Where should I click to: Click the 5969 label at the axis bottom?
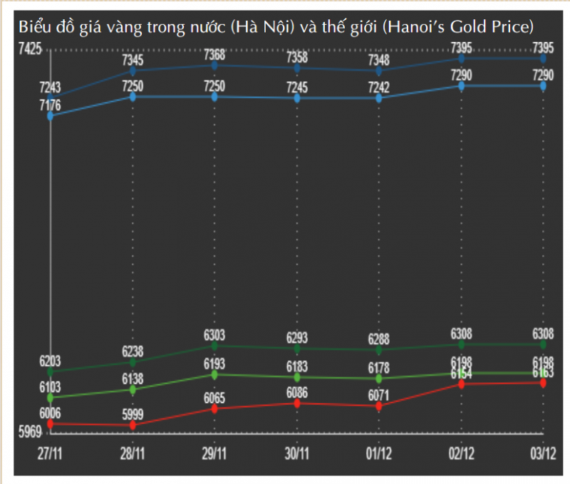pyautogui.click(x=30, y=432)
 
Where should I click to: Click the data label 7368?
pyautogui.click(x=214, y=55)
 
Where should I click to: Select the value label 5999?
pyautogui.click(x=133, y=414)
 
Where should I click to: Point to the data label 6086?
pyautogui.click(x=297, y=392)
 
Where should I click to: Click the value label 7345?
pyautogui.click(x=133, y=60)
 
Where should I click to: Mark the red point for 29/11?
pyautogui.click(x=214, y=408)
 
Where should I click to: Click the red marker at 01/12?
pyautogui.click(x=379, y=406)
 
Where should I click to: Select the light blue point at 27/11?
pyautogui.click(x=50, y=115)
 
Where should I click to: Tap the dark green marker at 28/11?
pyautogui.click(x=133, y=362)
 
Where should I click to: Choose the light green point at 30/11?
pyautogui.click(x=297, y=377)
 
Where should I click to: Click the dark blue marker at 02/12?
pyautogui.click(x=462, y=58)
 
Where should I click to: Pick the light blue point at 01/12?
pyautogui.click(x=379, y=98)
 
